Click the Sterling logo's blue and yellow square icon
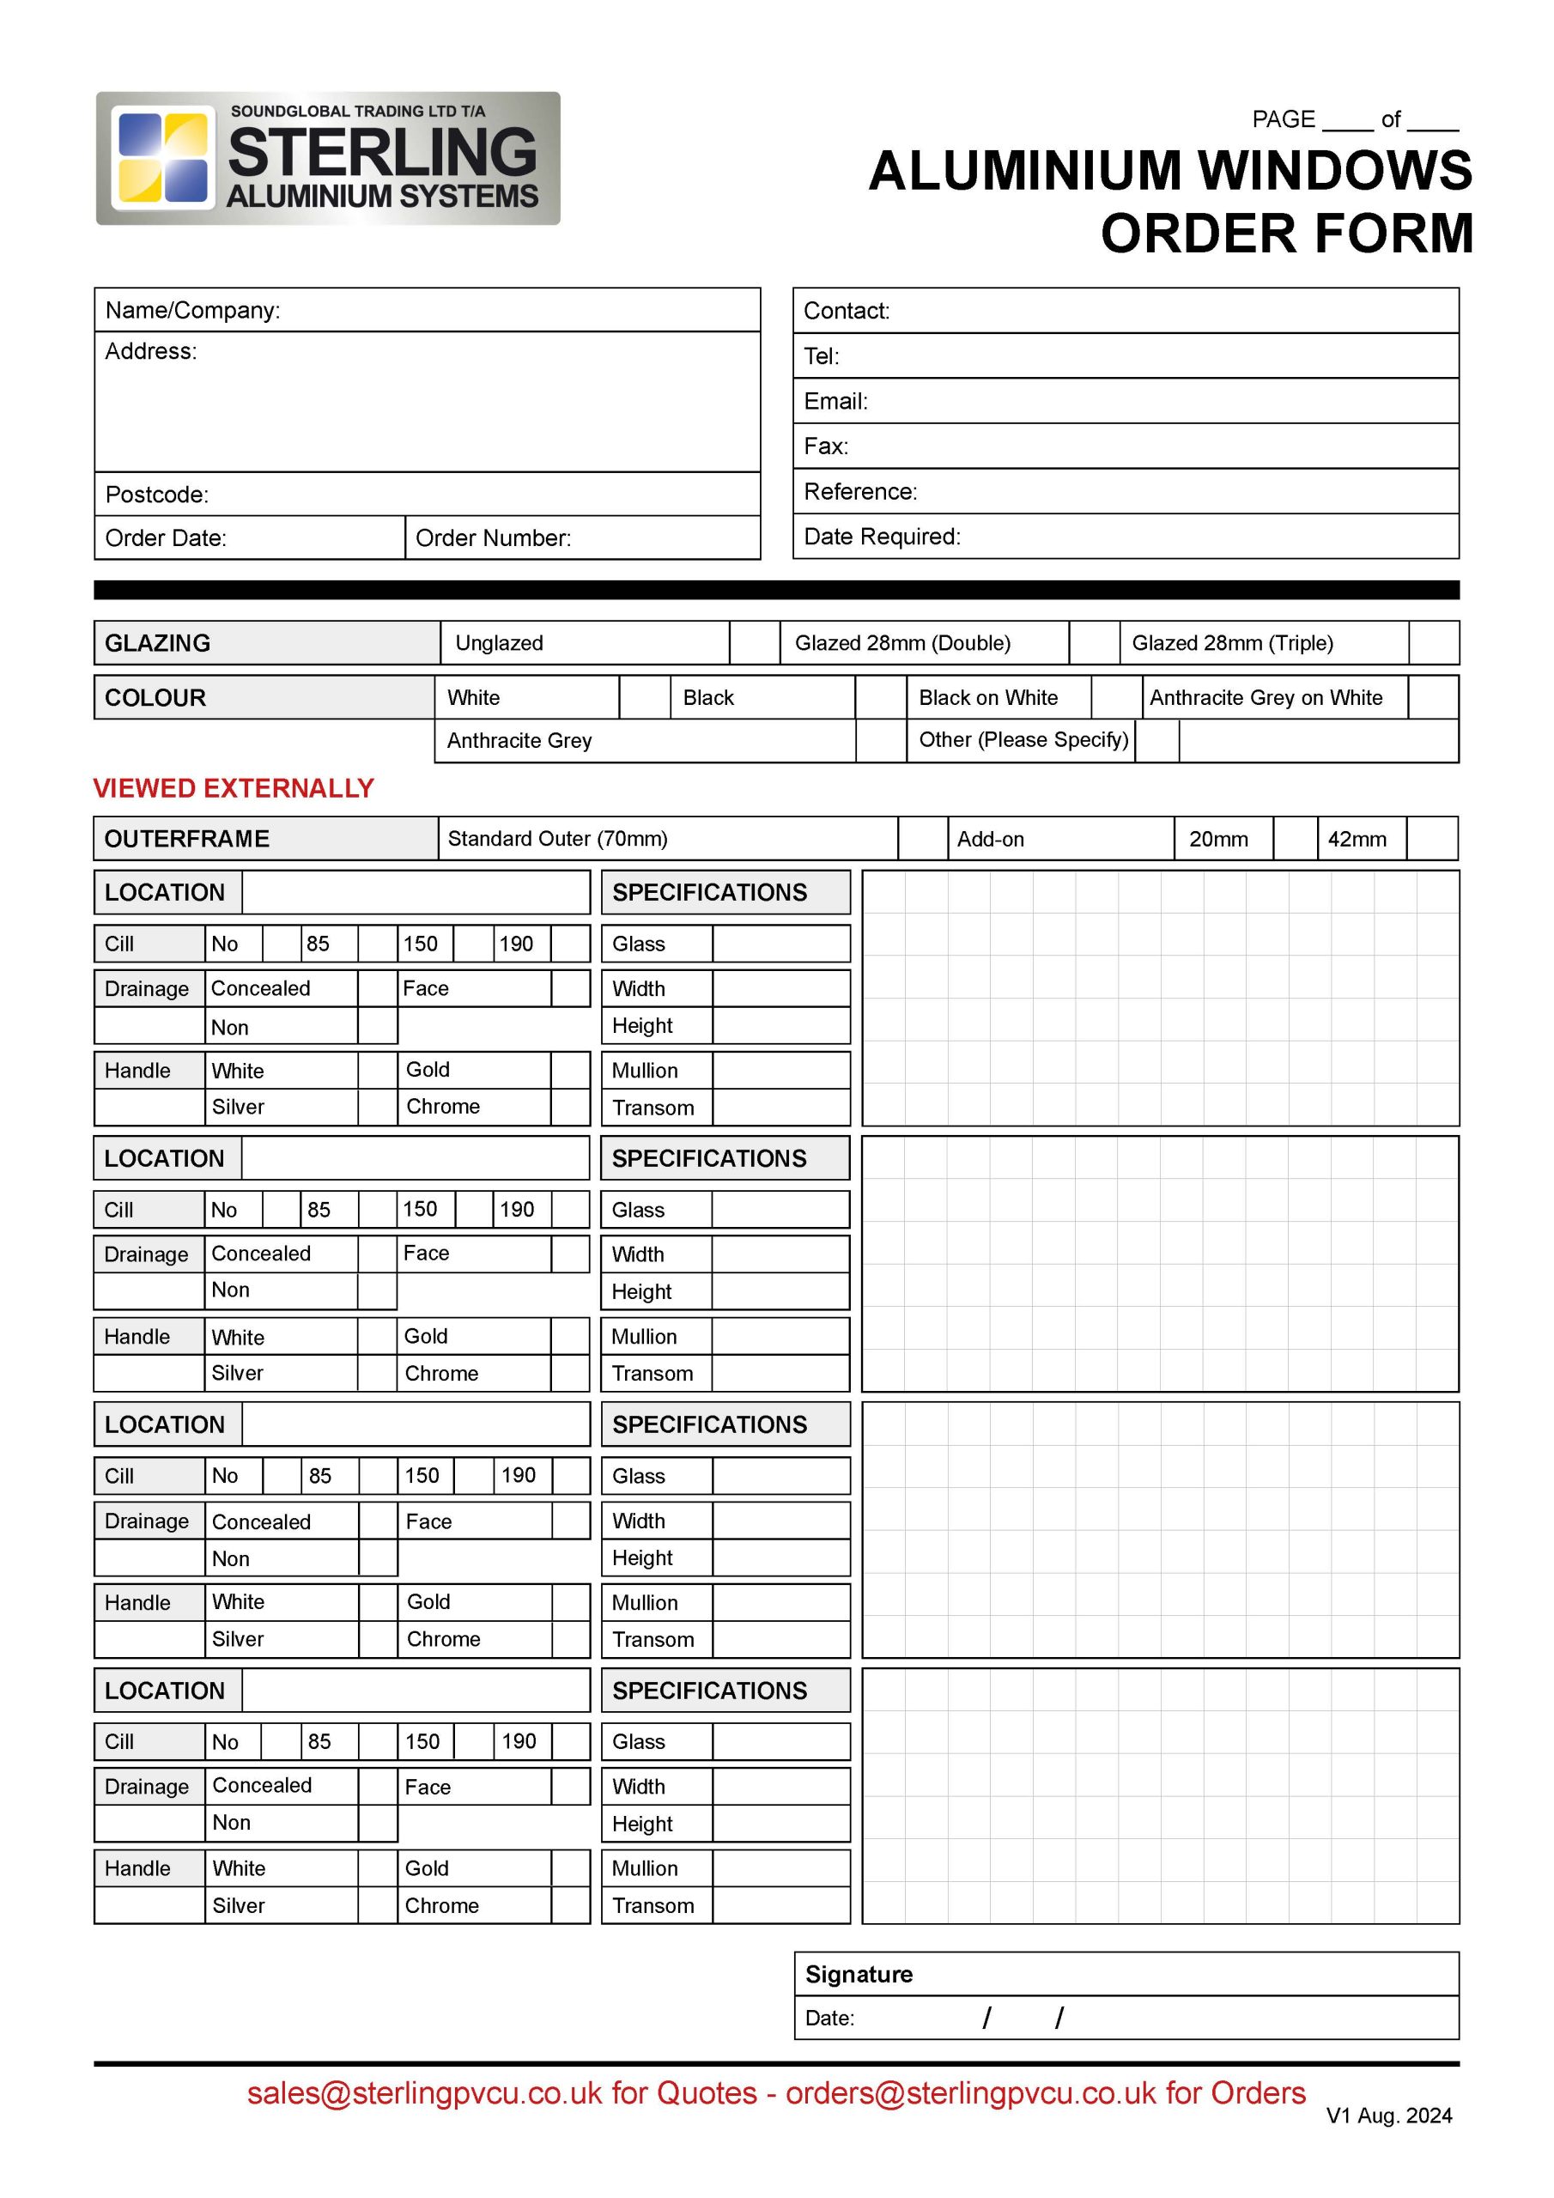click(x=161, y=158)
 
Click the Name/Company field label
click(x=192, y=310)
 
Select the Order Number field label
click(x=493, y=538)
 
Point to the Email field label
click(x=835, y=401)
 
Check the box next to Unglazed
click(x=755, y=643)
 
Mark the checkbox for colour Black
click(x=880, y=698)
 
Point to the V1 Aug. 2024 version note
click(x=1388, y=2116)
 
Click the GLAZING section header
click(x=157, y=643)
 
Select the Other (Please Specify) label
click(x=1023, y=740)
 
